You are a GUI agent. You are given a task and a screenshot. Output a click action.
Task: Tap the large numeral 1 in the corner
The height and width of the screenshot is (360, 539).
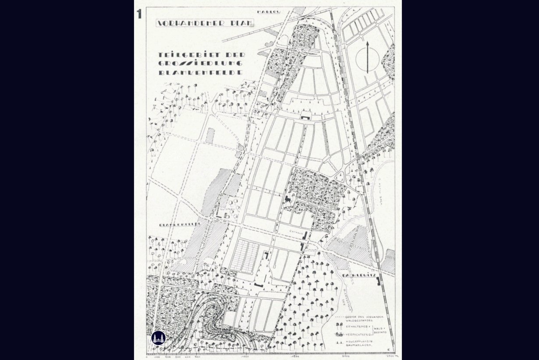click(x=139, y=14)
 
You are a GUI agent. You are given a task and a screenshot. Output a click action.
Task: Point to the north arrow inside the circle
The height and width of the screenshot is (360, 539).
click(x=367, y=57)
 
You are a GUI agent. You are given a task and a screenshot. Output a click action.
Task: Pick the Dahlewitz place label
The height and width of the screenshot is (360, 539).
click(x=357, y=275)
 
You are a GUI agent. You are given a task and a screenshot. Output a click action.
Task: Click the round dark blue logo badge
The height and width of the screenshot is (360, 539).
click(x=159, y=338)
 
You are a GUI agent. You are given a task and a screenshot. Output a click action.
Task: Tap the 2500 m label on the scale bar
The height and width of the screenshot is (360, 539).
click(x=387, y=356)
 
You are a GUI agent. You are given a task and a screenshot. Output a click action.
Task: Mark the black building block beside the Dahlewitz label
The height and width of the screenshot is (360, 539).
click(x=378, y=281)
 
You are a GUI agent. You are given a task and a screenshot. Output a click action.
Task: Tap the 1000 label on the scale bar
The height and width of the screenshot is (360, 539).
click(x=245, y=356)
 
